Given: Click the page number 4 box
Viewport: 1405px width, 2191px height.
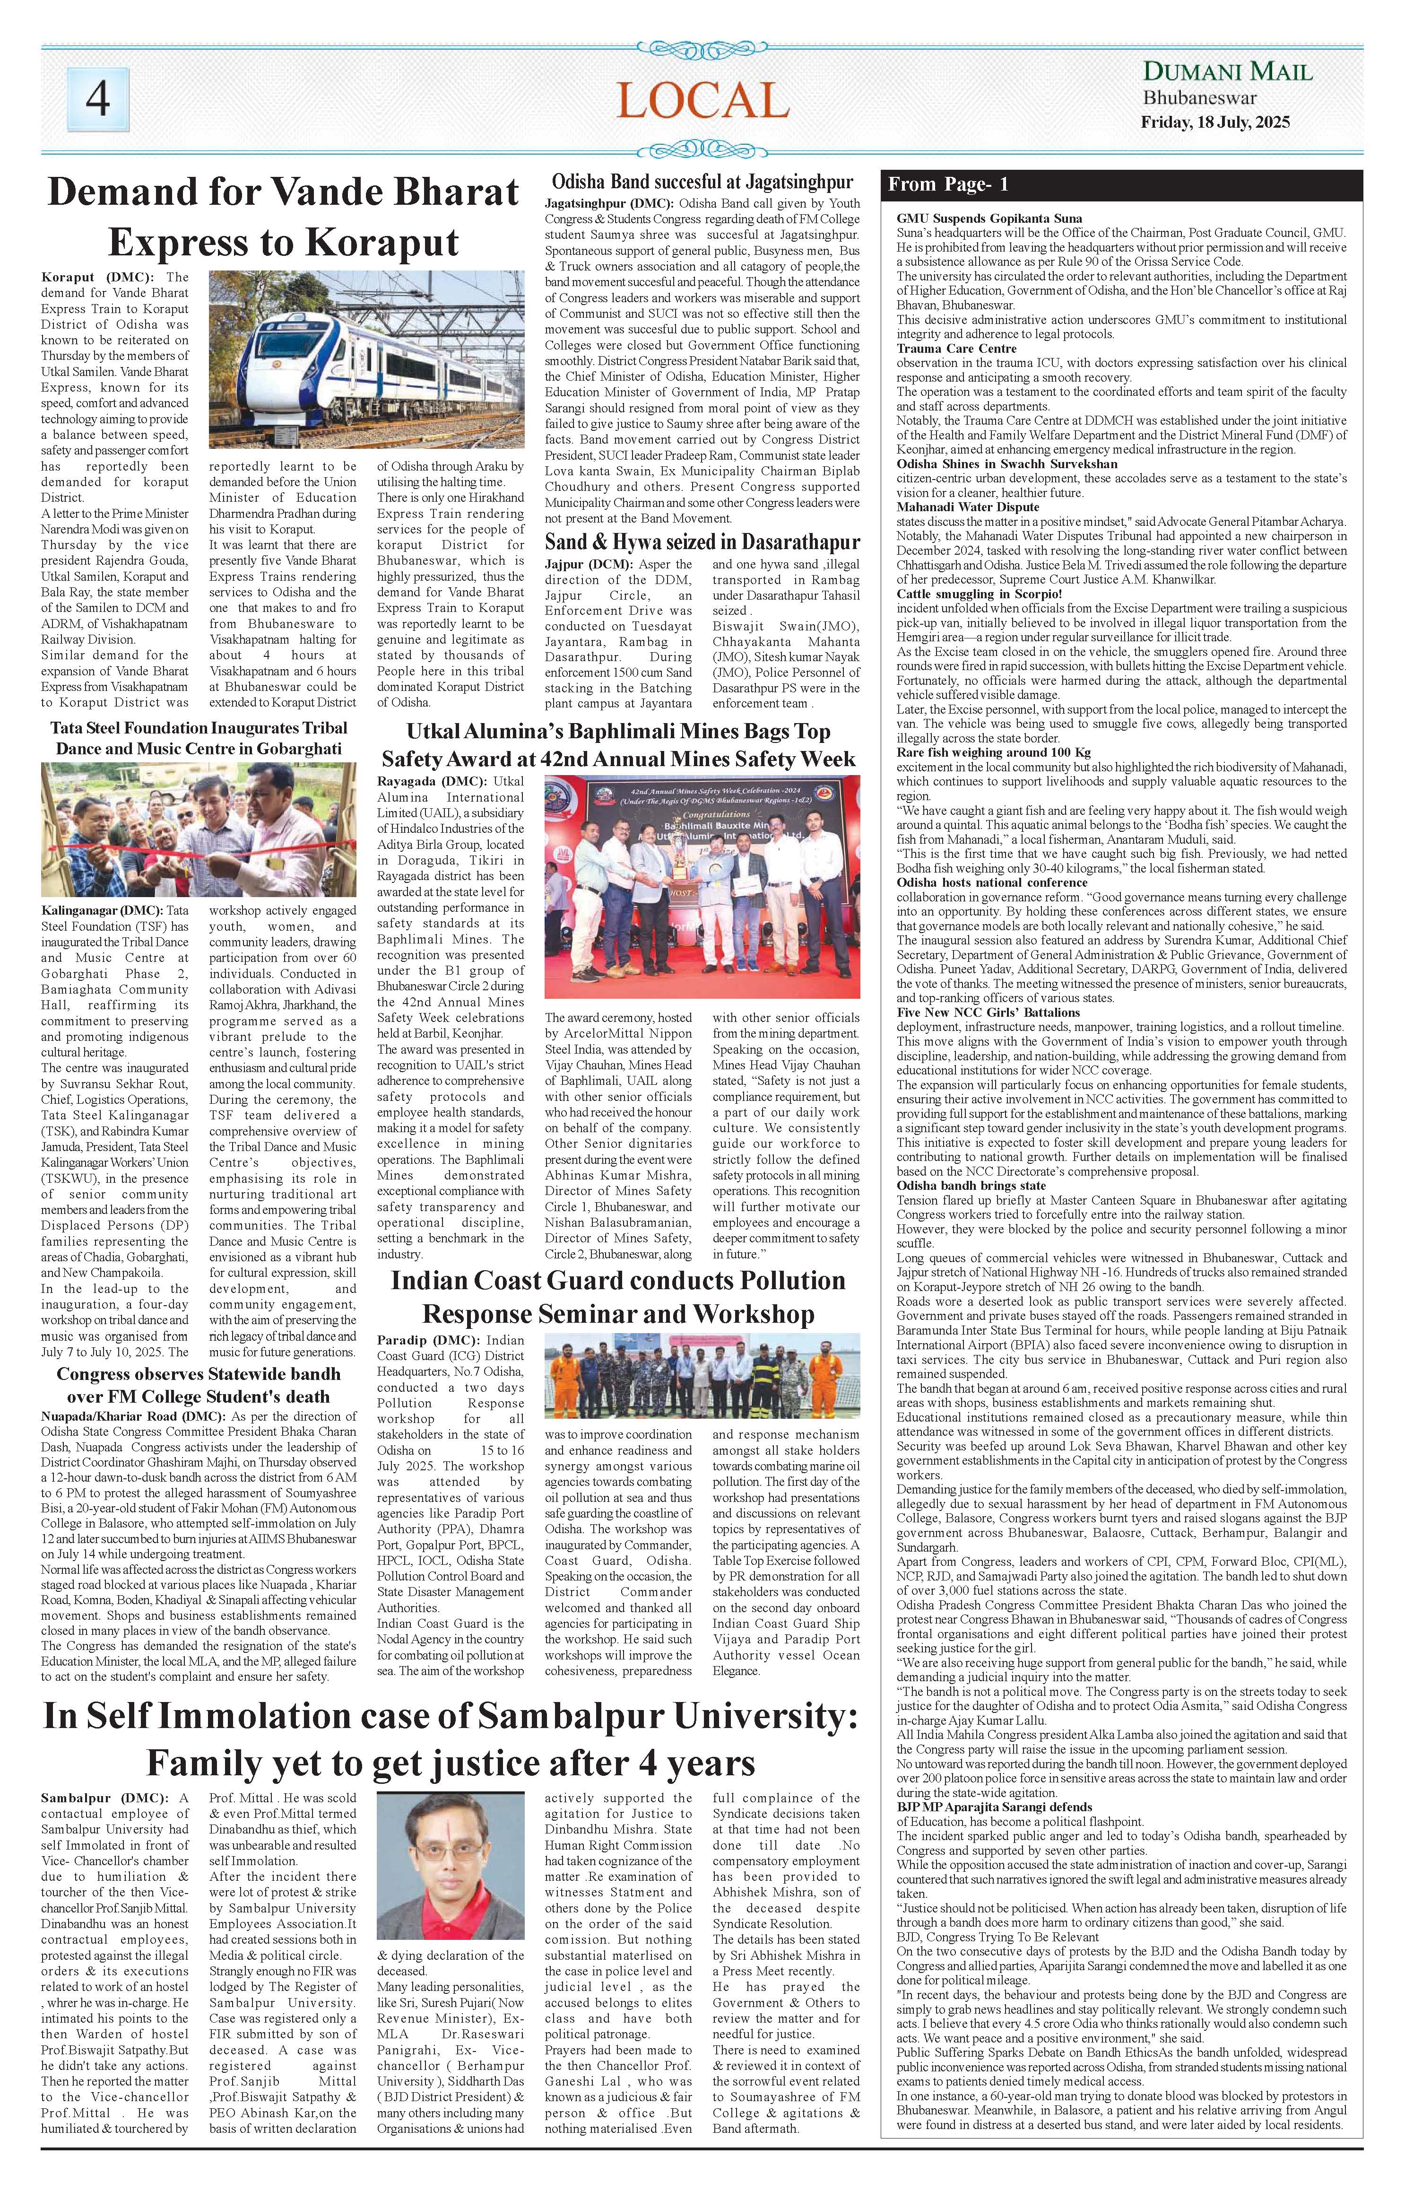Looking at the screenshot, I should click(x=97, y=99).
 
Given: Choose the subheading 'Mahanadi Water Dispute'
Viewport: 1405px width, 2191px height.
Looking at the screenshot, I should click(x=967, y=506).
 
